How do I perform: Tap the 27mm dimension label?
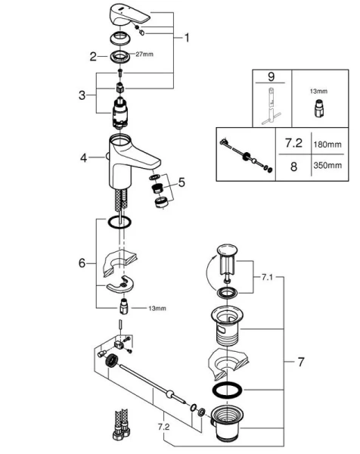143,54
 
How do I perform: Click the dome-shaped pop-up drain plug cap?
226,250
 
